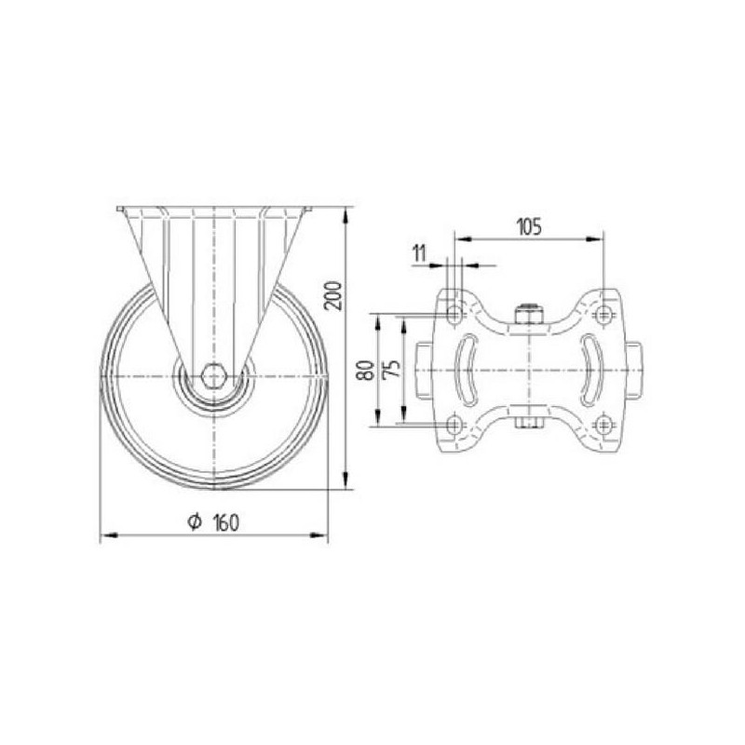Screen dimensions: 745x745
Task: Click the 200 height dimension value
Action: click(335, 295)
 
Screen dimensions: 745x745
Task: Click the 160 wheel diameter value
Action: click(226, 522)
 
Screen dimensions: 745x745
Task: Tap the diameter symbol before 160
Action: click(195, 521)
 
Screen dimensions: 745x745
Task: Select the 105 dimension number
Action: click(529, 227)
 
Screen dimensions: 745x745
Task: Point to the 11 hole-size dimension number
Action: click(420, 253)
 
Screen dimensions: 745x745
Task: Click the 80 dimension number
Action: click(366, 370)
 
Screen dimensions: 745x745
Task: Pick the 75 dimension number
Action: click(391, 369)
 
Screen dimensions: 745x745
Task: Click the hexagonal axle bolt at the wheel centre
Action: click(215, 377)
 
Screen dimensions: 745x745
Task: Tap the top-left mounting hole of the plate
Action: click(455, 314)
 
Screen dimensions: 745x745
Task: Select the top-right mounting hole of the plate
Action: click(603, 314)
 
